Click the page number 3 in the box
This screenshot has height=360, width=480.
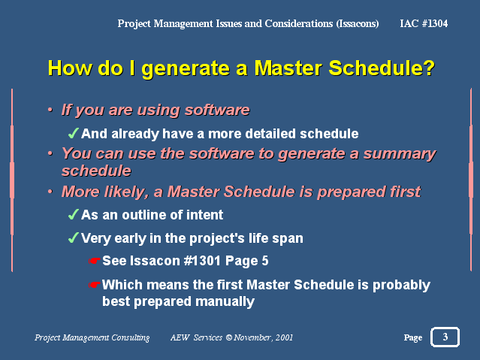coord(445,337)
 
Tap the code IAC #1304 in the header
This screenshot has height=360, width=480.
coord(424,23)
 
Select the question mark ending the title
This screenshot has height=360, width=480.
coord(429,68)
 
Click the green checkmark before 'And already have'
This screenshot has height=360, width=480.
coord(74,133)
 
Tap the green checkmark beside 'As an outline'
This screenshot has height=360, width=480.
coord(74,214)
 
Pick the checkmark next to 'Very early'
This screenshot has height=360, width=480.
coord(74,237)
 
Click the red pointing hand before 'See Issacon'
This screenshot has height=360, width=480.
coord(95,261)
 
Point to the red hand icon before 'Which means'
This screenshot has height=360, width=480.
coord(95,285)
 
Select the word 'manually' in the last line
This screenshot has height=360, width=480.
coord(225,302)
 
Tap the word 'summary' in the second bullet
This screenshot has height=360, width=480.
coord(400,154)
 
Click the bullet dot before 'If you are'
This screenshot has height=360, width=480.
coord(50,110)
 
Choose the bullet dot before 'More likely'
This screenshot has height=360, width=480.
coord(50,192)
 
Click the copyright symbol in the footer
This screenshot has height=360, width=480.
coord(228,337)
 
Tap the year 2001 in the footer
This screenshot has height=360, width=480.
coord(284,337)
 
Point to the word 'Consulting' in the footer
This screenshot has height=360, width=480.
coord(131,337)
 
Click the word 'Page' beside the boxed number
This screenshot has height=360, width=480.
coord(413,337)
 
